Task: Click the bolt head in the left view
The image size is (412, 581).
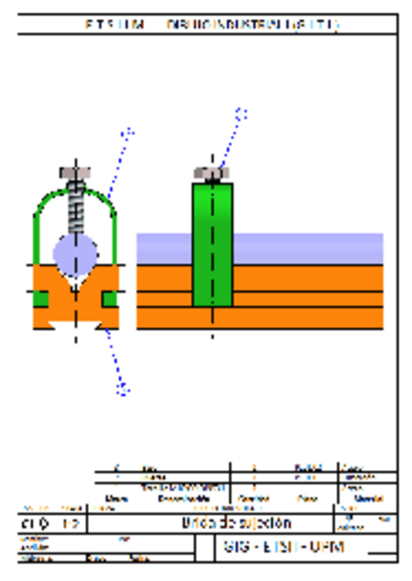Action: coord(75,171)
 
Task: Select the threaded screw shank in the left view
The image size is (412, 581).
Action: coord(75,209)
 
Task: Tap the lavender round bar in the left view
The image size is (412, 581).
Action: coord(75,253)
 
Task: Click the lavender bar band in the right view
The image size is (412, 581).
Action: coord(308,248)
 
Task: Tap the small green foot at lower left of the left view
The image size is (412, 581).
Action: coord(40,298)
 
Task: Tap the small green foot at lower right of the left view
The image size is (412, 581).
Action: coord(109,298)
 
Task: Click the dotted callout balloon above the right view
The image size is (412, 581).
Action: coord(241,113)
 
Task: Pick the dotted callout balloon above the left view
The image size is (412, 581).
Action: coord(128,132)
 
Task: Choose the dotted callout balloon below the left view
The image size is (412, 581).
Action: coord(123,390)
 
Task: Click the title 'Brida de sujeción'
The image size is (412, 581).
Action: coord(237,523)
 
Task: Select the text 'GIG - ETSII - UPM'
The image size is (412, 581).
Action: coord(283,547)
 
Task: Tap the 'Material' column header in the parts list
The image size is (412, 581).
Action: coord(368,499)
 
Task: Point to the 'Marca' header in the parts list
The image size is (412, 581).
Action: coord(117,499)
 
